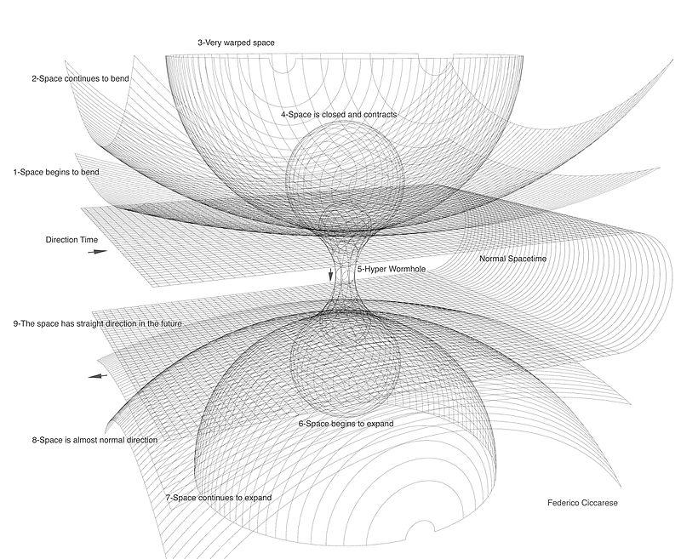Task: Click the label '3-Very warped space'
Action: coord(236,42)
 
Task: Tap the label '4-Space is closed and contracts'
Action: coord(338,114)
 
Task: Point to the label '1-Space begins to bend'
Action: coord(55,172)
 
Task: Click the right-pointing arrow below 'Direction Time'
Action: coord(99,253)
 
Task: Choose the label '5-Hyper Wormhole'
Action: coord(391,269)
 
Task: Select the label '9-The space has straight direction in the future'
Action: coord(98,324)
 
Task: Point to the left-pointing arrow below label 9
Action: coord(99,375)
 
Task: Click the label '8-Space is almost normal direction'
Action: coord(94,440)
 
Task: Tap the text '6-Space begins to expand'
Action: coord(345,423)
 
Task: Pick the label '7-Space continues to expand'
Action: coord(223,496)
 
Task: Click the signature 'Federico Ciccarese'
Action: coord(582,503)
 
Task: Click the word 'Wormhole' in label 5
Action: coord(405,269)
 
